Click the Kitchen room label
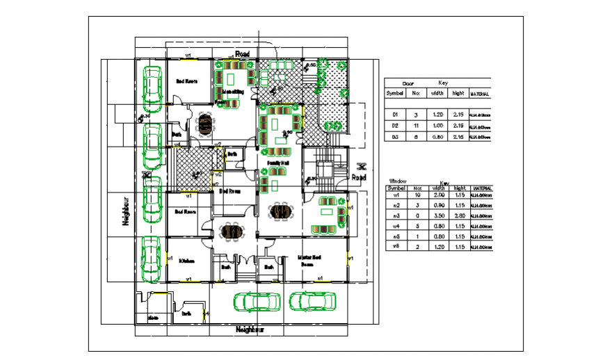pyautogui.click(x=186, y=261)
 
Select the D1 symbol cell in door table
pyautogui.click(x=395, y=114)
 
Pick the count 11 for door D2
pyautogui.click(x=416, y=126)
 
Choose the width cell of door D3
pyautogui.click(x=437, y=138)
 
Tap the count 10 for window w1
pyautogui.click(x=417, y=196)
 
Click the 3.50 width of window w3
pyautogui.click(x=439, y=216)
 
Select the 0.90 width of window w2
pyautogui.click(x=439, y=206)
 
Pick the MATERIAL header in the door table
pyautogui.click(x=479, y=93)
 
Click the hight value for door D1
pyautogui.click(x=458, y=114)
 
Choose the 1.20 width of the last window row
pyautogui.click(x=439, y=246)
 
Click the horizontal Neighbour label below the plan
pyautogui.click(x=251, y=329)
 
